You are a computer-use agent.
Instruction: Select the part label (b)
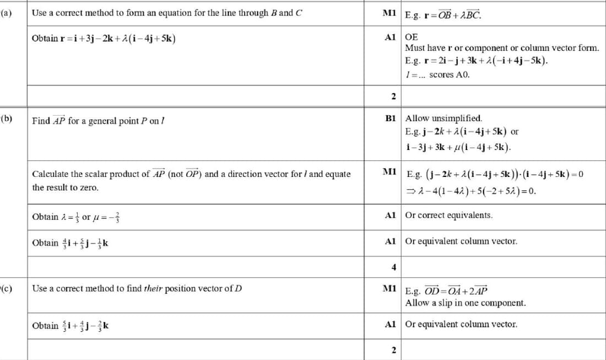click(x=7, y=118)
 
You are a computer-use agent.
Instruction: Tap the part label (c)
click(x=7, y=288)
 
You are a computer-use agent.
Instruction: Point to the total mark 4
click(x=393, y=267)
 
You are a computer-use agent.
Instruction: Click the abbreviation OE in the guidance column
click(x=411, y=37)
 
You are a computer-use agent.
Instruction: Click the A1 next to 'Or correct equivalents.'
click(x=391, y=215)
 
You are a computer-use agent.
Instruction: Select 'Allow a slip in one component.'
click(x=466, y=303)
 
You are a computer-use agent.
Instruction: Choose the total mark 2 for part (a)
click(x=393, y=96)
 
